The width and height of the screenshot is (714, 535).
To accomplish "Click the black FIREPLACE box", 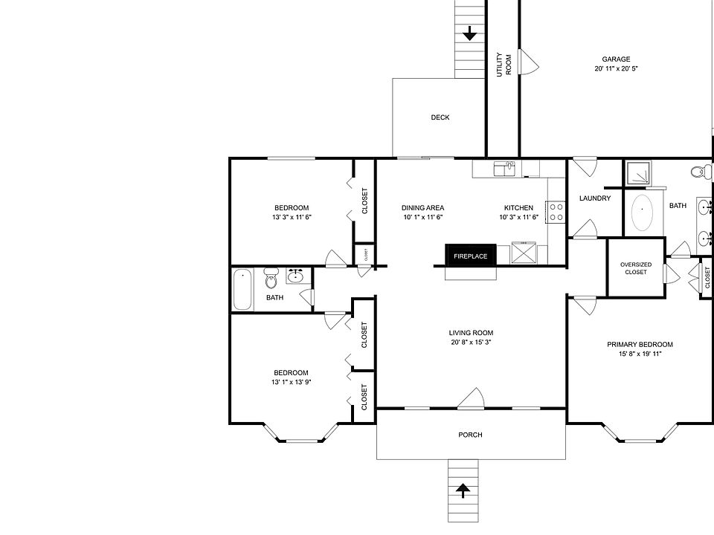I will [470, 256].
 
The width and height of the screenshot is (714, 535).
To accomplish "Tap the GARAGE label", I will [616, 59].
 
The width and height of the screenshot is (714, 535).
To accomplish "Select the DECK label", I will [440, 117].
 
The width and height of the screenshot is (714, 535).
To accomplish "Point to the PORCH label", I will [470, 435].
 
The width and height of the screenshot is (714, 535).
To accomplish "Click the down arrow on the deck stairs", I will [470, 33].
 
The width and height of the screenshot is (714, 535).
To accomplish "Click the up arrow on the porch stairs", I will [463, 490].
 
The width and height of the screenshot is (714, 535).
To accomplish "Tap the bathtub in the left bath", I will [242, 290].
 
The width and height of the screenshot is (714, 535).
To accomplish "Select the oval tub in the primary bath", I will [640, 213].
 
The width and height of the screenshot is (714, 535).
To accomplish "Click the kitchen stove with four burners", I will [556, 212].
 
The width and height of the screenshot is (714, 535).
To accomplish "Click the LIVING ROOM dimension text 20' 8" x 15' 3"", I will [471, 343].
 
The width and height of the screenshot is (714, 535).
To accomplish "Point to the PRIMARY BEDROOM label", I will [640, 344].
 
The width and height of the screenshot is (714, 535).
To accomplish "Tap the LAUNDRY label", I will [595, 198].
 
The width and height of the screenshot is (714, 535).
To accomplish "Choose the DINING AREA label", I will [422, 208].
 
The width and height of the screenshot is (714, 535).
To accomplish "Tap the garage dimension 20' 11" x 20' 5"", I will [616, 68].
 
